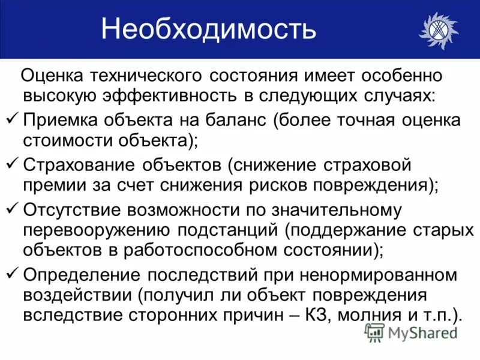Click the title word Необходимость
pyautogui.click(x=208, y=29)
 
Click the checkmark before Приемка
pyautogui.click(x=13, y=119)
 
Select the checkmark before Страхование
pyautogui.click(x=13, y=164)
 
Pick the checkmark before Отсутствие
pyautogui.click(x=13, y=209)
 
